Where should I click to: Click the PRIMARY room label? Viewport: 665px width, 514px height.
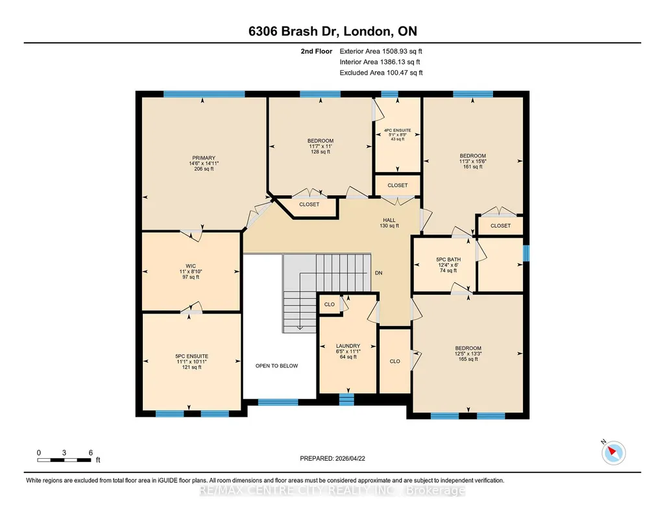pos(204,158)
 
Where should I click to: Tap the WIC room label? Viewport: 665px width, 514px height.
pos(191,266)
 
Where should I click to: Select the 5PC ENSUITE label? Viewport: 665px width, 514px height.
pos(191,356)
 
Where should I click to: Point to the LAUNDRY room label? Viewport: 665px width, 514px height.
pos(348,346)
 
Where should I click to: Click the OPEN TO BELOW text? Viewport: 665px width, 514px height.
pos(276,365)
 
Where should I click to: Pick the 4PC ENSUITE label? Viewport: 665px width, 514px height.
pos(398,130)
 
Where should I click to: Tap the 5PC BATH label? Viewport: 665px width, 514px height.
pos(448,260)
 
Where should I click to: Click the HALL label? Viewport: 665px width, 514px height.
pos(389,220)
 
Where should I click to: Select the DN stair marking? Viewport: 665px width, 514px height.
pos(379,273)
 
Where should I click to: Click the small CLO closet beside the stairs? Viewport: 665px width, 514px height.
pos(330,304)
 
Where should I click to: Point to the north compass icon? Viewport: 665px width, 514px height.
pos(613,452)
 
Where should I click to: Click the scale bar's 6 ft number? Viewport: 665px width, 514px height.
pos(90,452)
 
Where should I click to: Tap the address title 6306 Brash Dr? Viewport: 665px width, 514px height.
pos(293,31)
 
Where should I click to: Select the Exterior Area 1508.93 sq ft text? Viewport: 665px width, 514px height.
pos(381,51)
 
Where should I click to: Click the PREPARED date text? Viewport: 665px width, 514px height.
pos(332,458)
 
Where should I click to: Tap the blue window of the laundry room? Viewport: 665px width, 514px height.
pos(346,399)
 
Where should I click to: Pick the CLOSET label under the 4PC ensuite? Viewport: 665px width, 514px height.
pos(398,186)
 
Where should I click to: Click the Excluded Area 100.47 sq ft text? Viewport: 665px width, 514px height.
pos(381,73)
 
